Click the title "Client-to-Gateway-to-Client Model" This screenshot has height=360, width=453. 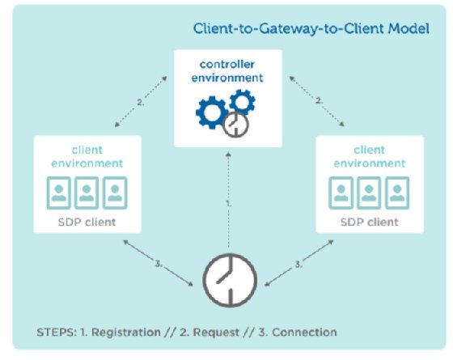tap(310, 30)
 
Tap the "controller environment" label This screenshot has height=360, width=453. tap(229, 71)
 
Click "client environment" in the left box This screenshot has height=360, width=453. tap(87, 157)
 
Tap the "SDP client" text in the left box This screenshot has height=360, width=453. tap(87, 221)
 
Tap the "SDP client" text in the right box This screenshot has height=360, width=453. tap(368, 221)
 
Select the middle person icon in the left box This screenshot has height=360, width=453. tap(87, 193)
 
